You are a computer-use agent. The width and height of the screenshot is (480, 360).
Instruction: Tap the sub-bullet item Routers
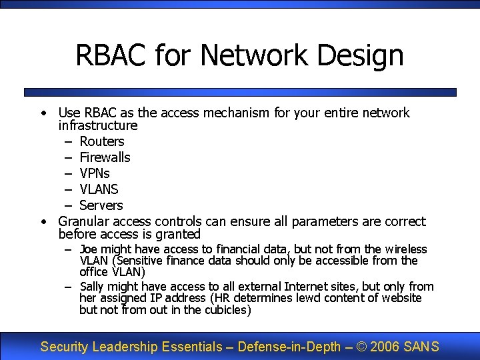tap(102, 141)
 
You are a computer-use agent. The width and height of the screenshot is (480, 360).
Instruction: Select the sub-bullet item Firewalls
tap(105, 157)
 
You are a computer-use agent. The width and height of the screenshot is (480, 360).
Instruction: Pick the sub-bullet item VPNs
tap(95, 173)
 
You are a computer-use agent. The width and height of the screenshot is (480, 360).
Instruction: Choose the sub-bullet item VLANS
tap(99, 189)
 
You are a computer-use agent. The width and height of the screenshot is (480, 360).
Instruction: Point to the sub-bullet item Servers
tap(101, 205)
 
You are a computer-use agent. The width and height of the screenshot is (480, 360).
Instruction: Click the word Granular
tap(85, 221)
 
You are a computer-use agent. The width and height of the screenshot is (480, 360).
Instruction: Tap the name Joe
tap(89, 249)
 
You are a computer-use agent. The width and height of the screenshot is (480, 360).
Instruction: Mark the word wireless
tap(406, 249)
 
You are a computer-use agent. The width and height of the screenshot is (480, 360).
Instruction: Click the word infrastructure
tap(98, 125)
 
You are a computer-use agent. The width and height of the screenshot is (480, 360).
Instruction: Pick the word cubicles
tap(227, 310)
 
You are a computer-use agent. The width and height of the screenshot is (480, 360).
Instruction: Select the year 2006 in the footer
tap(385, 347)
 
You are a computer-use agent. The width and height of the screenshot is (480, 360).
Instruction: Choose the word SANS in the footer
tap(421, 347)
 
